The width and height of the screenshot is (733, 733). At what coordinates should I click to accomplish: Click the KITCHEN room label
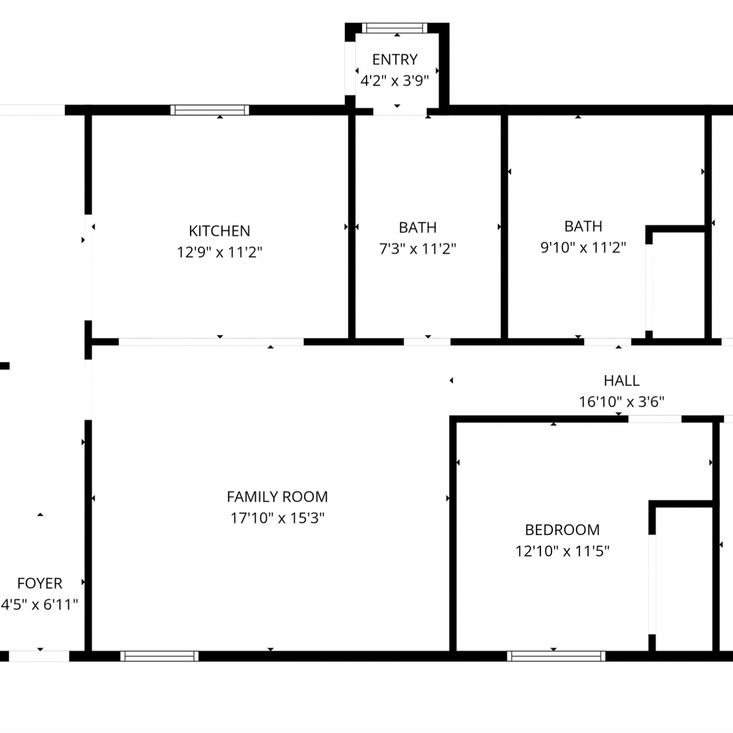[219, 231]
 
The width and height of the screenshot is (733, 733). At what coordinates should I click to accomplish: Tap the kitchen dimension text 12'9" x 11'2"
[219, 252]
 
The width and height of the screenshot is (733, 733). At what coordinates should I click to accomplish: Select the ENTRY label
[395, 60]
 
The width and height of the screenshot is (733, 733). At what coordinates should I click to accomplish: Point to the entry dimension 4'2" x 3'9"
[394, 81]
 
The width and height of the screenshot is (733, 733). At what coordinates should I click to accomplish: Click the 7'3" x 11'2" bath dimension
[417, 249]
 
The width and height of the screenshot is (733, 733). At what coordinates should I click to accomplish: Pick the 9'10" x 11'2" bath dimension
[583, 248]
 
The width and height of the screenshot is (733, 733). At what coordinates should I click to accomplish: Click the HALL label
[622, 381]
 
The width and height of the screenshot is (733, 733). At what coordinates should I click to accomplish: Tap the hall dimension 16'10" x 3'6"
[622, 402]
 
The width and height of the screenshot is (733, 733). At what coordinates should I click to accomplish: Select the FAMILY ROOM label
[277, 497]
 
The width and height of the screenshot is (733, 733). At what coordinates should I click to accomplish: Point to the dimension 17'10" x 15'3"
[277, 518]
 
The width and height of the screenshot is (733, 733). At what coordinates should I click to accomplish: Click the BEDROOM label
[562, 530]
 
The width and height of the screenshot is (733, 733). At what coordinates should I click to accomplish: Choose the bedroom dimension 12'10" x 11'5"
[562, 551]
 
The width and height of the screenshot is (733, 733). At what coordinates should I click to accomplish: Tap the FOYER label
[40, 583]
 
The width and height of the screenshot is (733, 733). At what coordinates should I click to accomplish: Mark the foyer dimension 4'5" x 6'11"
[39, 605]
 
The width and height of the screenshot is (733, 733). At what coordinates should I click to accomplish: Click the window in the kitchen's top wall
[210, 110]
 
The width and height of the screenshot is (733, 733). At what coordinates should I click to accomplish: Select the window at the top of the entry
[395, 28]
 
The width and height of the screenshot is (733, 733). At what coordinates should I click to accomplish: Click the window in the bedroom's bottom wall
[556, 656]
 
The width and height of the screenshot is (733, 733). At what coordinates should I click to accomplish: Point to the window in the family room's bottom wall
[159, 656]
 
